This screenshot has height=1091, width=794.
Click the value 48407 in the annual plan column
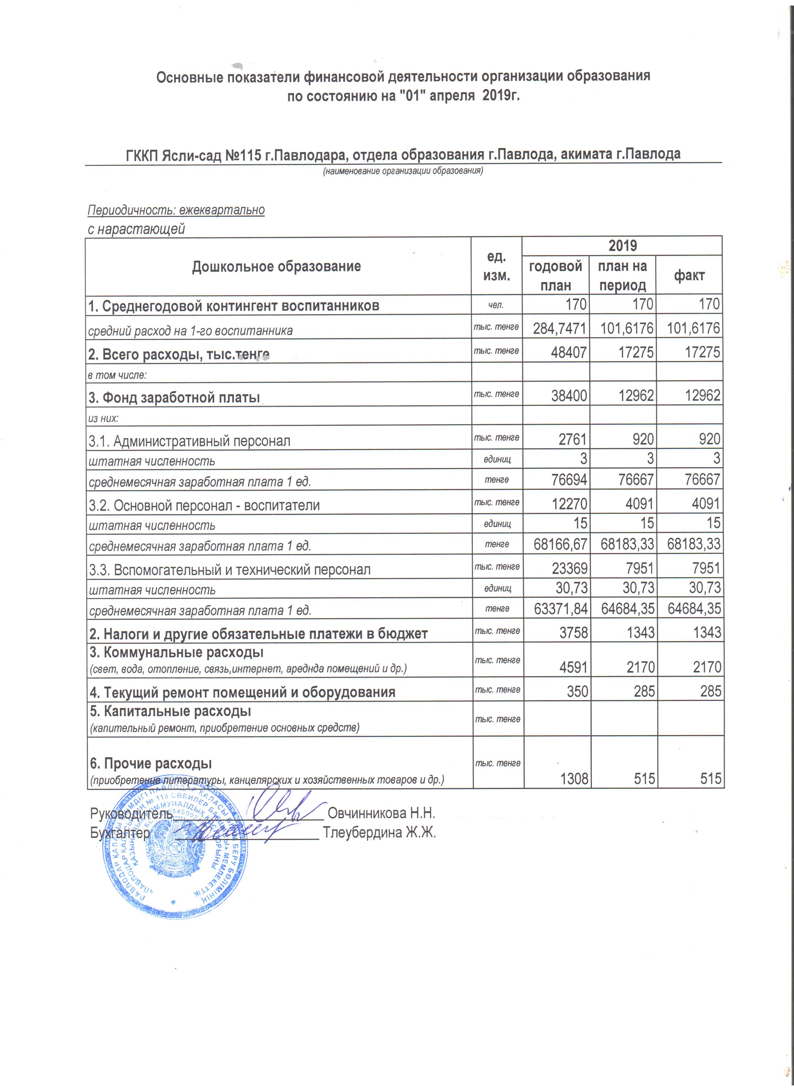click(x=569, y=352)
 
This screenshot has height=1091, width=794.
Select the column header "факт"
click(x=689, y=276)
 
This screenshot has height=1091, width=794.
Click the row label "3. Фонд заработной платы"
click(x=174, y=398)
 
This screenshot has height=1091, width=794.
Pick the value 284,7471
click(x=559, y=328)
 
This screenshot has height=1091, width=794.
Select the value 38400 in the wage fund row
click(x=569, y=395)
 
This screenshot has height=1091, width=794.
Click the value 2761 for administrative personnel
click(x=573, y=439)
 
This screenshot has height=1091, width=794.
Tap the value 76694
click(x=569, y=480)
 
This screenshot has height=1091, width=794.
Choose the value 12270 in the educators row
click(x=569, y=504)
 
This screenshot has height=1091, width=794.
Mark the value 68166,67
click(x=560, y=544)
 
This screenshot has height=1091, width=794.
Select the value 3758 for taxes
click(x=573, y=632)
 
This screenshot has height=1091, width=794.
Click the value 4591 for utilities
click(x=573, y=667)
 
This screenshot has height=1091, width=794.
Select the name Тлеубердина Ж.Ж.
click(x=379, y=833)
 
